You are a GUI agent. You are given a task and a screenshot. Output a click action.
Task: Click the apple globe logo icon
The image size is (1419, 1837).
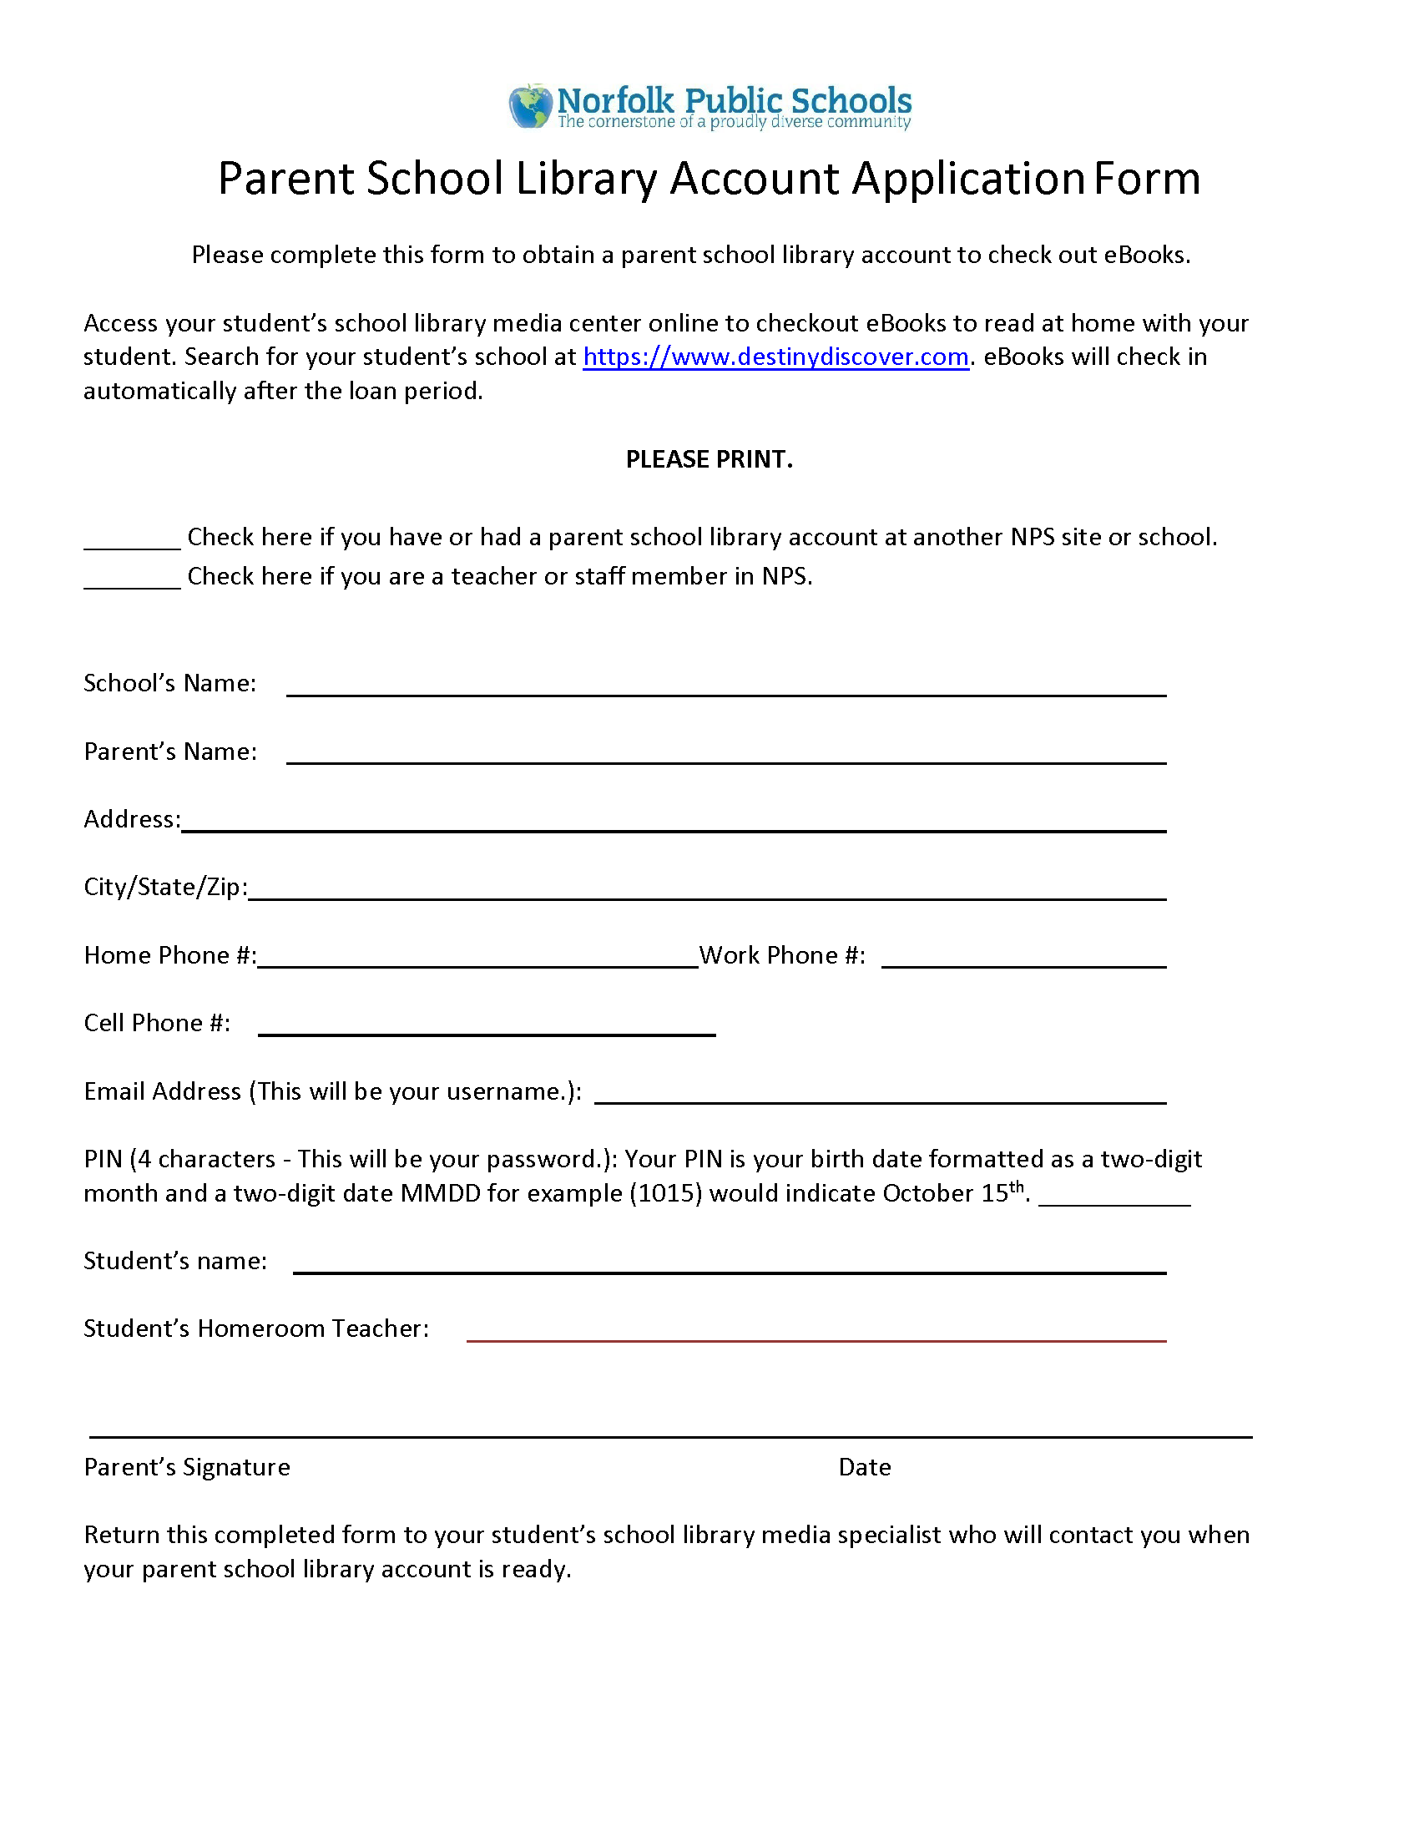pyautogui.click(x=529, y=106)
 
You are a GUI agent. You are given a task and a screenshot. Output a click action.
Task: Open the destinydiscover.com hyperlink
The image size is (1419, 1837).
pyautogui.click(x=775, y=357)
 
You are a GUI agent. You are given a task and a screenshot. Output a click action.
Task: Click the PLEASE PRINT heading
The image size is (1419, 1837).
pyautogui.click(x=709, y=459)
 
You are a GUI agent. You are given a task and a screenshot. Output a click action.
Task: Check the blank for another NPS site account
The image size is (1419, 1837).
pyautogui.click(x=132, y=539)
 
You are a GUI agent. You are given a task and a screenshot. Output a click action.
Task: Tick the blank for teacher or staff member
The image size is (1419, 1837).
pyautogui.click(x=132, y=579)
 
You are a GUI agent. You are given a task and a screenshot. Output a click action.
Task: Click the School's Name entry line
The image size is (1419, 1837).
pyautogui.click(x=725, y=686)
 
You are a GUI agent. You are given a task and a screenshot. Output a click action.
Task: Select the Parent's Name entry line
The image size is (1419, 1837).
pyautogui.click(x=725, y=754)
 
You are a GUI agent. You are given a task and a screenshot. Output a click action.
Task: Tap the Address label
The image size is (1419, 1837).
pyautogui.click(x=132, y=819)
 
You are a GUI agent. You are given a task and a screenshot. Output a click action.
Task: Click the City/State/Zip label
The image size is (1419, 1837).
pyautogui.click(x=165, y=888)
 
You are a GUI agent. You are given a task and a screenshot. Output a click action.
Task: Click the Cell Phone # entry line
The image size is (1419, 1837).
pyautogui.click(x=487, y=1025)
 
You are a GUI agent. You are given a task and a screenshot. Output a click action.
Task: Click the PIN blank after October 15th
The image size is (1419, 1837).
pyautogui.click(x=1113, y=1195)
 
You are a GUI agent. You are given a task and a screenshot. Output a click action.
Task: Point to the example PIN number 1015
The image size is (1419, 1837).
pyautogui.click(x=665, y=1193)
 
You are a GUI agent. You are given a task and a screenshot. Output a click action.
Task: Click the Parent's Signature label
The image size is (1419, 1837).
pyautogui.click(x=187, y=1467)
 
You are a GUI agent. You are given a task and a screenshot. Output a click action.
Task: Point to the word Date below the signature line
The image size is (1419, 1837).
pyautogui.click(x=864, y=1467)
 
